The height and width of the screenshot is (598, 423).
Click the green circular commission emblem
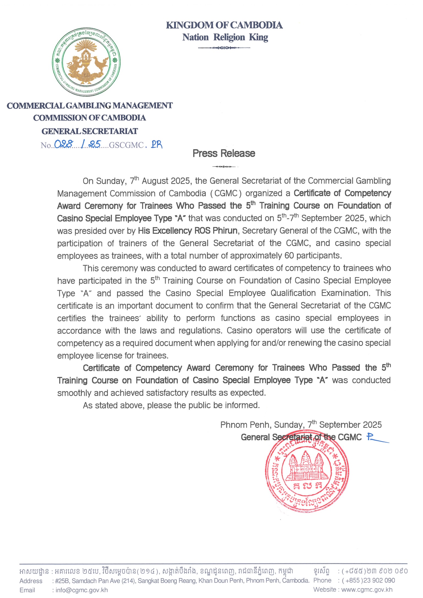pyautogui.click(x=86, y=62)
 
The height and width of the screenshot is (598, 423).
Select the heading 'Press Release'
pyautogui.click(x=224, y=153)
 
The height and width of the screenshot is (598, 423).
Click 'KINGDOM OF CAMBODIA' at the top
pyautogui.click(x=224, y=25)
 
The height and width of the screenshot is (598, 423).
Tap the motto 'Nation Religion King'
pyautogui.click(x=225, y=37)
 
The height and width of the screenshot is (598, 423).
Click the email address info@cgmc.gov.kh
pyautogui.click(x=82, y=590)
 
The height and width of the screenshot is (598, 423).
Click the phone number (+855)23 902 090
pyautogui.click(x=368, y=580)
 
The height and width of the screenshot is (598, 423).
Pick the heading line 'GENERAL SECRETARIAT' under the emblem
pyautogui.click(x=90, y=131)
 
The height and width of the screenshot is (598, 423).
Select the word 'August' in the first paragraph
pyautogui.click(x=155, y=181)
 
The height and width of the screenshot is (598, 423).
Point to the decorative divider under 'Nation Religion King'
pyautogui.click(x=224, y=48)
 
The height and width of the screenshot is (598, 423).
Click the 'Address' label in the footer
pyautogui.click(x=31, y=581)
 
